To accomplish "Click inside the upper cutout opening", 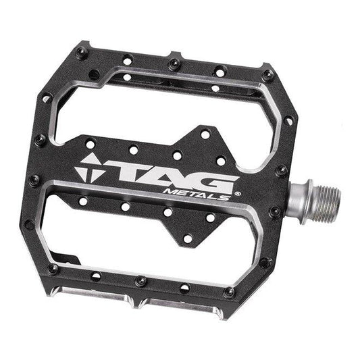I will coord(162,108).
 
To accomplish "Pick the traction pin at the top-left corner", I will coord(82,53).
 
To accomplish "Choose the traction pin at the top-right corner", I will coord(268,75).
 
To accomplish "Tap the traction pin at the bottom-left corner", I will coord(53,268).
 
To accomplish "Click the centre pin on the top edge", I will coord(174,63).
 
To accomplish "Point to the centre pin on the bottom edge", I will coord(140,280).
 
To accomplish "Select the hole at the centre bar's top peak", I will coord(205,134).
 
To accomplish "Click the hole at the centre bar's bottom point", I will coord(188,238).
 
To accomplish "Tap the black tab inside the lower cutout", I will coord(64,257).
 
